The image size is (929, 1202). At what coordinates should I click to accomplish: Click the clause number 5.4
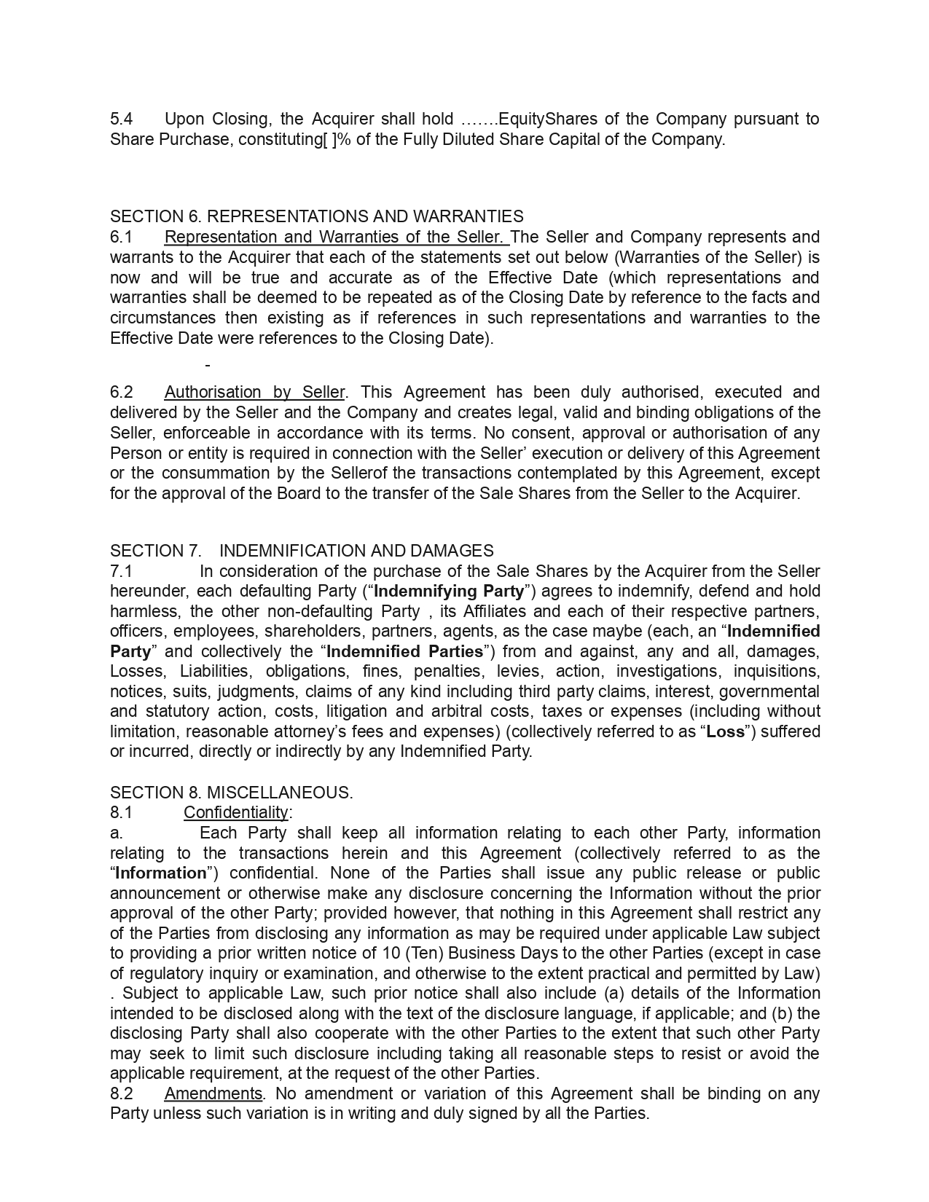tap(122, 119)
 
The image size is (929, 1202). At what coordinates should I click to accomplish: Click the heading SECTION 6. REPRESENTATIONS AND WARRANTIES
tap(316, 216)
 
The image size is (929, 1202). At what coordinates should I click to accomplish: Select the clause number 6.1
tap(122, 237)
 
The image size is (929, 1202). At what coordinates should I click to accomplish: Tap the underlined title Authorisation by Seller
tap(254, 392)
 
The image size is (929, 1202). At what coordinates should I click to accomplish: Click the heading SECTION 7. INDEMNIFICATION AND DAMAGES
tap(302, 551)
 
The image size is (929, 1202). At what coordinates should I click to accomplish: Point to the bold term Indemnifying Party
tap(449, 591)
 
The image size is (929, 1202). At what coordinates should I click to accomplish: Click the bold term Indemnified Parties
tap(405, 651)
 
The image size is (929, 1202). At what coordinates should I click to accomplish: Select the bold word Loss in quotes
tap(726, 731)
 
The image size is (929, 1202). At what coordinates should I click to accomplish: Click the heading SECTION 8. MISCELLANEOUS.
tap(231, 793)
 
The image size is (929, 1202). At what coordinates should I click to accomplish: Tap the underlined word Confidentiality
tap(236, 812)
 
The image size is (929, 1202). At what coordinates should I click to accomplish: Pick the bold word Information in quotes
tap(161, 873)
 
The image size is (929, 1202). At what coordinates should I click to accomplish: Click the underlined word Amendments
tap(213, 1093)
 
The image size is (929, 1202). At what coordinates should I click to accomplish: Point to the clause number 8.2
tap(122, 1093)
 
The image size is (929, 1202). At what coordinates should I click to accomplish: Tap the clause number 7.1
tap(121, 571)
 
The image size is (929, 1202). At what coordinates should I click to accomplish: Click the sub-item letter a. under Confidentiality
tap(116, 833)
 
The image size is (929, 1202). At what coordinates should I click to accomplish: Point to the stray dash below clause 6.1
tap(208, 365)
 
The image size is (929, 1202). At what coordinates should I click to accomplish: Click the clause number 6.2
tap(122, 392)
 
